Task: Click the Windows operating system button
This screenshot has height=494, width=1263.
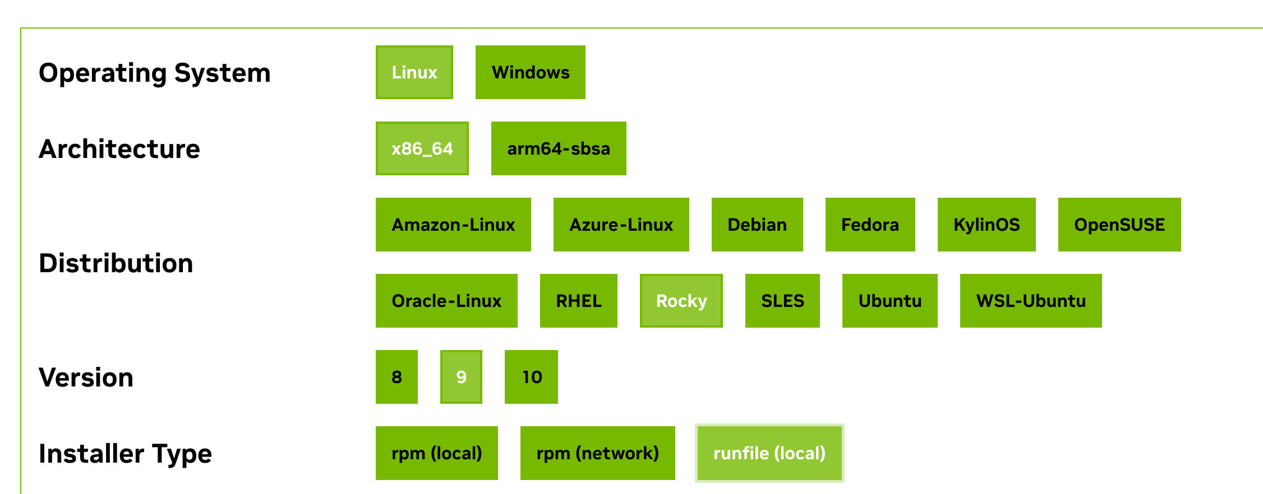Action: [530, 72]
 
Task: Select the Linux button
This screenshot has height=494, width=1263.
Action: [414, 72]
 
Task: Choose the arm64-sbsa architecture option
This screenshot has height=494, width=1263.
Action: [558, 148]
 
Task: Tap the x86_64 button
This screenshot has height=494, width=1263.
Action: [422, 148]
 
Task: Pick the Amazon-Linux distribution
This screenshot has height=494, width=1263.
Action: [453, 225]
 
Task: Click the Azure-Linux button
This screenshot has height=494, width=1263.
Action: [621, 225]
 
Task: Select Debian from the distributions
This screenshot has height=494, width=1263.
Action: [757, 225]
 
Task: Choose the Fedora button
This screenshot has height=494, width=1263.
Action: [870, 225]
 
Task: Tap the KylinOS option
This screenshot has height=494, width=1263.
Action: [986, 225]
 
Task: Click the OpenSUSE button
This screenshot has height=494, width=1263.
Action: [1119, 225]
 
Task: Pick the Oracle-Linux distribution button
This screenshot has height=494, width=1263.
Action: [446, 301]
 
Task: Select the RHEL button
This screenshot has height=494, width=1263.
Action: [578, 301]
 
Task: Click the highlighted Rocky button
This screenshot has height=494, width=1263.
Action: [681, 301]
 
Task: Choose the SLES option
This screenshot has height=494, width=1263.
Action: [782, 301]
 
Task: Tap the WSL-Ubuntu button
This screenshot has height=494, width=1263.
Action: [1030, 301]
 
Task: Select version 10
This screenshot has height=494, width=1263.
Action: [531, 377]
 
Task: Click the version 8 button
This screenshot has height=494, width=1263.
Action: [397, 377]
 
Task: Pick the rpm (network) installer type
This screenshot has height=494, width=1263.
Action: [597, 453]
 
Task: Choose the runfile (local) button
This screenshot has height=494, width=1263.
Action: [769, 453]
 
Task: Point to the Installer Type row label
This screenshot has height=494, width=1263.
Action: [125, 454]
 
